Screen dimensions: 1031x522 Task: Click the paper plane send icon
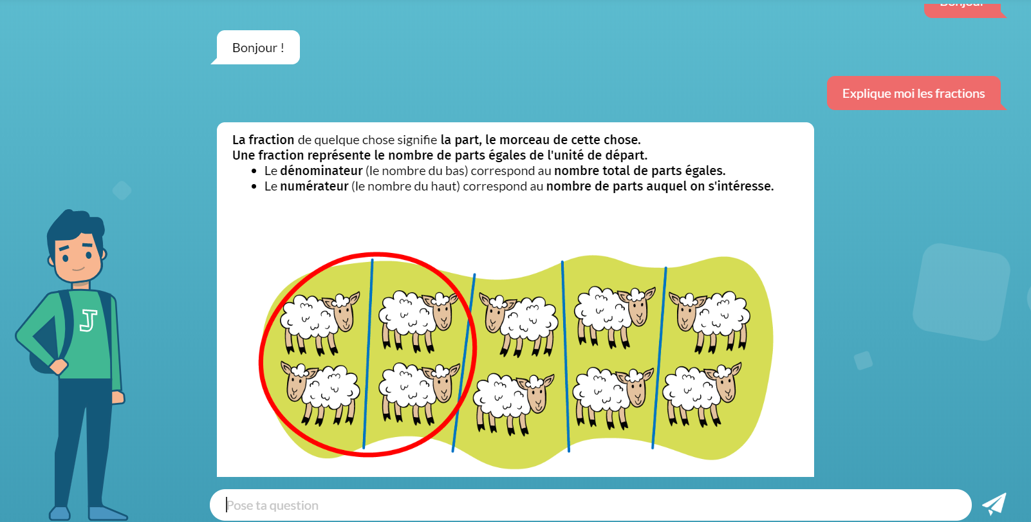tap(994, 504)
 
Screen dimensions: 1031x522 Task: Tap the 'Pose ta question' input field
tap(591, 505)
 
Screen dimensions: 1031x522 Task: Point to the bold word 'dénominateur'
tap(321, 171)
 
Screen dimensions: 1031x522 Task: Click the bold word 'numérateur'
tap(314, 187)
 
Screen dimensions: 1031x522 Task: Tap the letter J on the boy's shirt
tap(88, 321)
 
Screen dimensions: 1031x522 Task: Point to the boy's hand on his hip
tap(59, 366)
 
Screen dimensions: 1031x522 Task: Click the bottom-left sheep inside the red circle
tap(320, 394)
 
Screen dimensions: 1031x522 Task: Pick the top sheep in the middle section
tap(519, 325)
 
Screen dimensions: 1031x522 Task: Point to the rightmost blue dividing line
tap(659, 358)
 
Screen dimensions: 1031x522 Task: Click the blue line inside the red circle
tap(368, 354)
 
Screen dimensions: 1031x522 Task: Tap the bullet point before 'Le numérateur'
tap(254, 187)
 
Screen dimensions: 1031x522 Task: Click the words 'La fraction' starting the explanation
tap(263, 140)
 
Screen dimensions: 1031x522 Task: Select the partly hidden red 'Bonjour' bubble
tap(965, 8)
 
